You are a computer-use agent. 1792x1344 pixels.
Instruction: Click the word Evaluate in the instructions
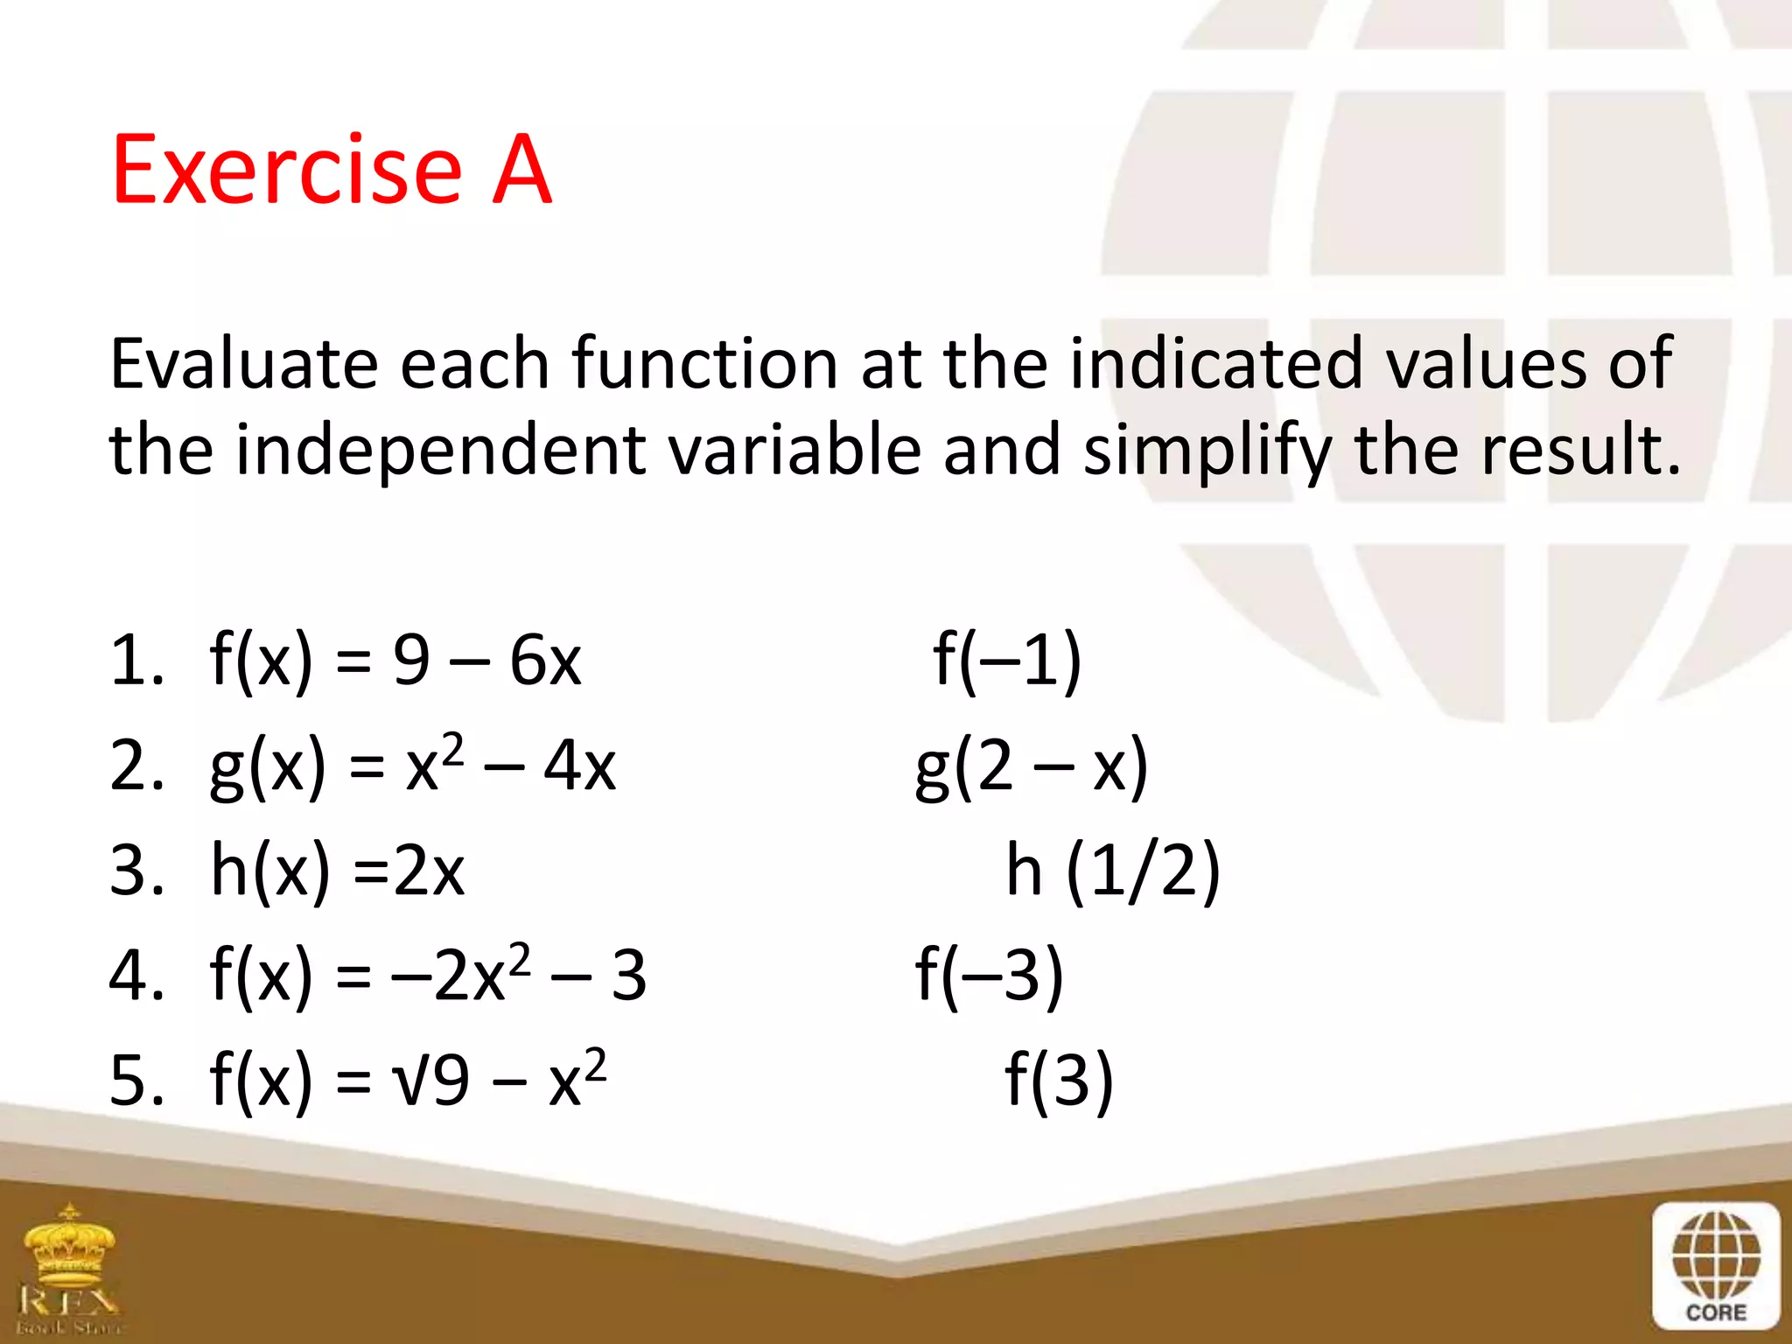(243, 364)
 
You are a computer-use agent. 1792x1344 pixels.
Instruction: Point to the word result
(1580, 450)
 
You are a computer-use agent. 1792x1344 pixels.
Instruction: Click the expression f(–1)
(1007, 660)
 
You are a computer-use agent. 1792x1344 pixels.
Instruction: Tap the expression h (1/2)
(1112, 870)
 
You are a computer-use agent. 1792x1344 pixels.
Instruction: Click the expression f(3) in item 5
(1059, 1080)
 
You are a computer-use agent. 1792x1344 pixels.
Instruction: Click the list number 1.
(136, 661)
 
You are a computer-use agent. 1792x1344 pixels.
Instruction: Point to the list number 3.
(136, 871)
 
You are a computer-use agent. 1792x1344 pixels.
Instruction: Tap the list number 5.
(136, 1081)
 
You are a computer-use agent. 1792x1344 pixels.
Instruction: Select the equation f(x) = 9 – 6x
(395, 661)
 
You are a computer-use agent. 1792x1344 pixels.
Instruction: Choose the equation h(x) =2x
(337, 871)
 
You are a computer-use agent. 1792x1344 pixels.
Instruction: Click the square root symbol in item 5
(411, 1081)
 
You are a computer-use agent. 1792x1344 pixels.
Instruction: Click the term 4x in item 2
(579, 766)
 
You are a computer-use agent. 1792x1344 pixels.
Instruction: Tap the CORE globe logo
(1716, 1265)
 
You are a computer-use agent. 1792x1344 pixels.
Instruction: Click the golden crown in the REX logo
(70, 1242)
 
